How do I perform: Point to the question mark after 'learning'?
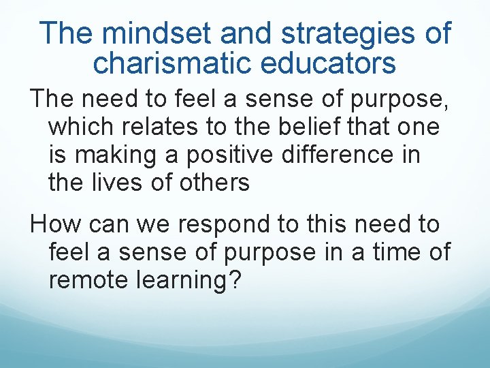coord(235,279)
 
